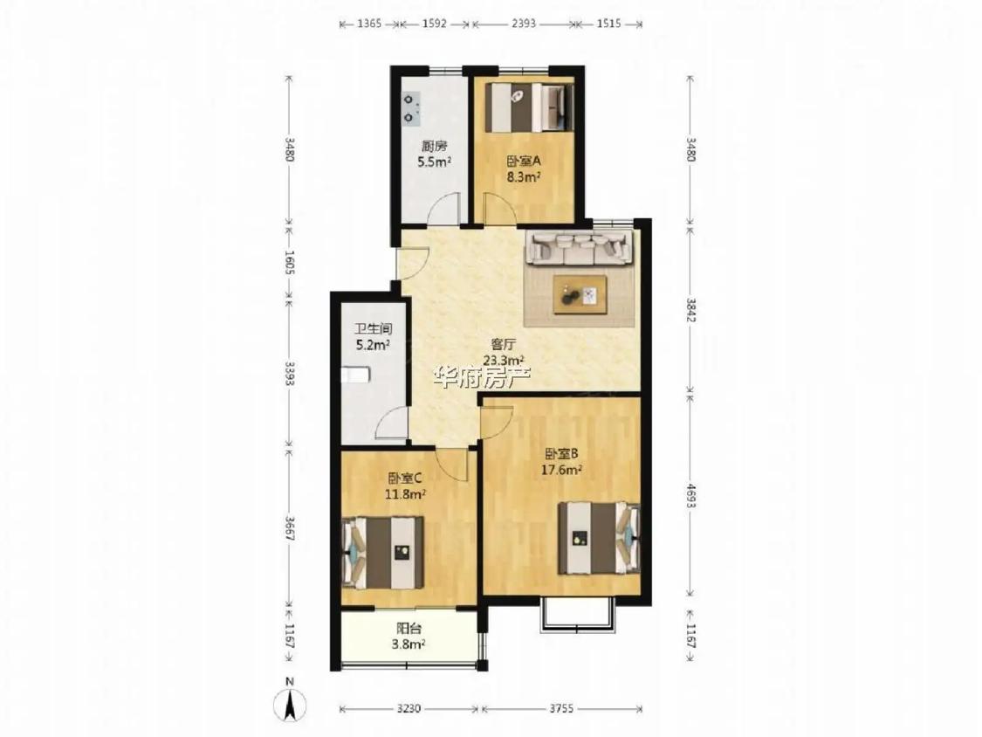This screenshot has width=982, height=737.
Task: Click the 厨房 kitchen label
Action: click(x=434, y=147)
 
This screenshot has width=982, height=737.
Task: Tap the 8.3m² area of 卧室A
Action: click(x=524, y=176)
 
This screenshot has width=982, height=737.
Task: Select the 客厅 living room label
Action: click(x=504, y=344)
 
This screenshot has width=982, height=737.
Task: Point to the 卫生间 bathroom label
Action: click(x=374, y=328)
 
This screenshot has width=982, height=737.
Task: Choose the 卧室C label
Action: click(x=404, y=479)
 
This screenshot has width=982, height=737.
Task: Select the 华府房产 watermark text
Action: click(x=482, y=377)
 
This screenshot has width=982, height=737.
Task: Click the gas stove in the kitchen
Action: click(x=411, y=107)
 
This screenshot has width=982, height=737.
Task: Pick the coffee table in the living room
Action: click(x=580, y=294)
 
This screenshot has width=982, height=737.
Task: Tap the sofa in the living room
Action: click(x=579, y=247)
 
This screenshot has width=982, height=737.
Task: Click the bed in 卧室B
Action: click(x=600, y=537)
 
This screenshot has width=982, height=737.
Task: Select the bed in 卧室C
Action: click(x=382, y=552)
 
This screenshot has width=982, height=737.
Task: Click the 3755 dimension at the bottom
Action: click(x=561, y=709)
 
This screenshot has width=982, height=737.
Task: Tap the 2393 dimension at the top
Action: click(x=524, y=24)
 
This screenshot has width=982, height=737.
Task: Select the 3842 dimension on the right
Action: click(x=690, y=309)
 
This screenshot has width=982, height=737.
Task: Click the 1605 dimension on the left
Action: click(x=289, y=263)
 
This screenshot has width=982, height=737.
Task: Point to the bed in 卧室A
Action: click(x=530, y=107)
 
